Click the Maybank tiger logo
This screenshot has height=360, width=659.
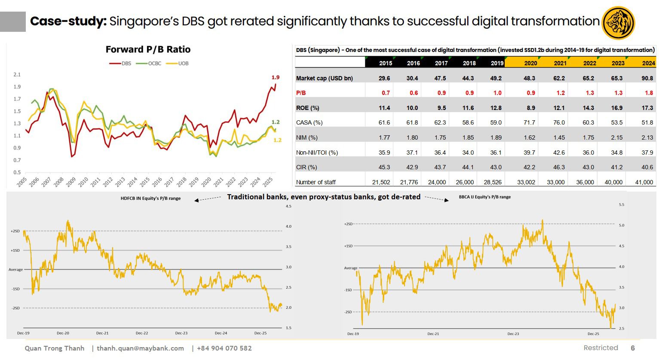pyautogui.click(x=619, y=23)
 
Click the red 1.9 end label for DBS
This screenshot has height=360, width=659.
pyautogui.click(x=276, y=77)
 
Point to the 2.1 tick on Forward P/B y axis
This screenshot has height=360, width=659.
pyautogui.click(x=17, y=75)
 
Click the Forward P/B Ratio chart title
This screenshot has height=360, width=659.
pyautogui.click(x=148, y=49)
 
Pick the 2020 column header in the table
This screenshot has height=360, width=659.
pyautogui.click(x=530, y=63)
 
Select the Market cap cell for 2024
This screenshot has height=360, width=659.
pyautogui.click(x=647, y=78)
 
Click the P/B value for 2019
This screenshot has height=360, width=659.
pyautogui.click(x=497, y=93)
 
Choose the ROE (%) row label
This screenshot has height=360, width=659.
pyautogui.click(x=307, y=108)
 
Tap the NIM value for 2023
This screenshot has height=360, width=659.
pyautogui.click(x=616, y=137)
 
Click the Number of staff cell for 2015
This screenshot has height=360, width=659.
pyautogui.click(x=381, y=182)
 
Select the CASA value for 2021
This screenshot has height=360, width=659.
pyautogui.click(x=559, y=122)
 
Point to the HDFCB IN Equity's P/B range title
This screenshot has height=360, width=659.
pyautogui.click(x=150, y=198)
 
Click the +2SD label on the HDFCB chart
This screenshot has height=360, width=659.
pyautogui.click(x=15, y=231)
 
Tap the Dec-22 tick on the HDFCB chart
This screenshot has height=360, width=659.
pyautogui.click(x=142, y=333)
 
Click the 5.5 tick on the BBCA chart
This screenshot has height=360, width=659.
pyautogui.click(x=621, y=205)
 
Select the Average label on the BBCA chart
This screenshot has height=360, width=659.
pyautogui.click(x=351, y=268)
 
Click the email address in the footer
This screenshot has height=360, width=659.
pyautogui.click(x=140, y=348)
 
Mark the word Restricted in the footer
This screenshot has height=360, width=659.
pyautogui.click(x=601, y=348)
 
